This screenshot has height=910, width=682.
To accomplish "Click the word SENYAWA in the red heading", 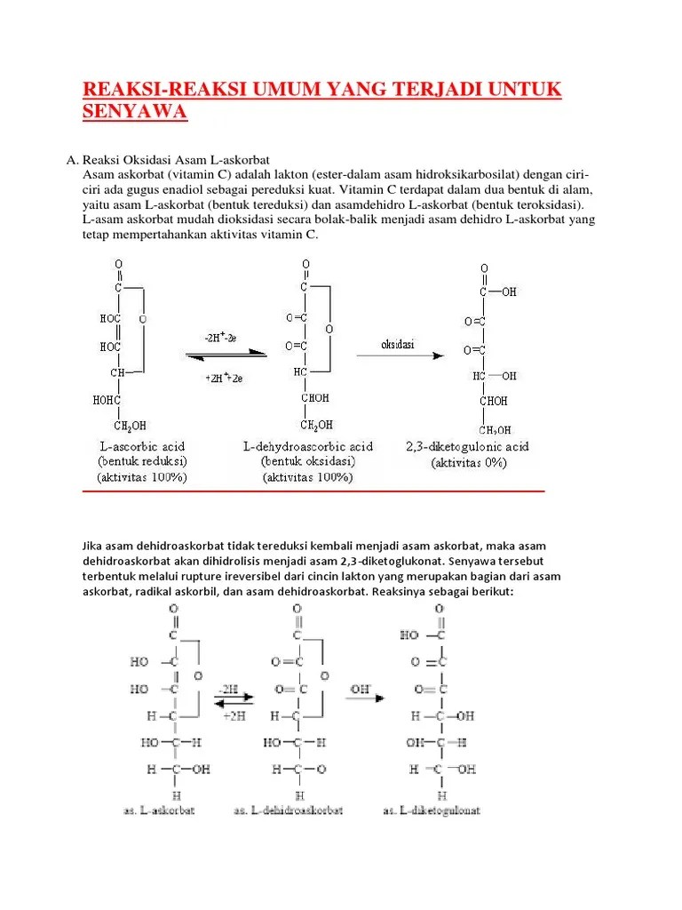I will (135, 112).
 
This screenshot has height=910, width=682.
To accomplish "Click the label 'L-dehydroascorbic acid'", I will (307, 446).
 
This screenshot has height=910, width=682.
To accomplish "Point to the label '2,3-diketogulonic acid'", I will (480, 446).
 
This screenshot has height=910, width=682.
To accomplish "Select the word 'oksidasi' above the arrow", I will (398, 344).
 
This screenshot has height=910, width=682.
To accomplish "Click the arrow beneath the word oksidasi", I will (400, 355).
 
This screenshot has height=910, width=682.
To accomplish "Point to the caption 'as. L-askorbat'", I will (160, 810).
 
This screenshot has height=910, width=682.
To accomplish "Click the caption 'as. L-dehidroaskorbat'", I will (289, 810).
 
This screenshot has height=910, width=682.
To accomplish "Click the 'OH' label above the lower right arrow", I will (361, 688).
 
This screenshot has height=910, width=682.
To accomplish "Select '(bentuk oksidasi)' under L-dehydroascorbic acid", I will (307, 461).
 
